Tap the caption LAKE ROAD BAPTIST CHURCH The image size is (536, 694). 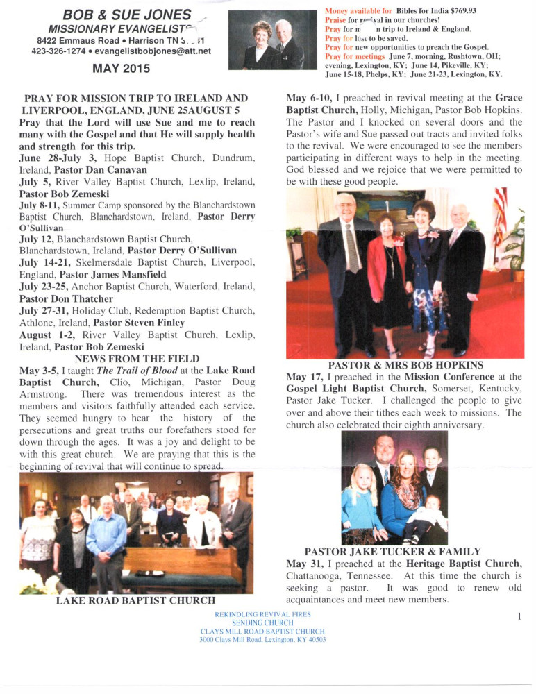135,600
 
